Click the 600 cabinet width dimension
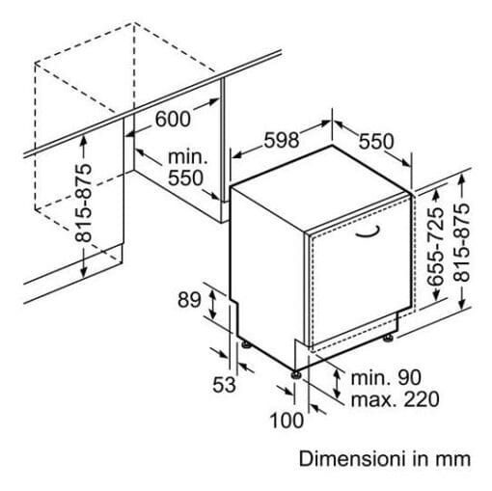(173, 119)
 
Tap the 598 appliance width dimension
(282, 140)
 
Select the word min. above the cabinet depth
(188, 157)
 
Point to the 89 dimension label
(189, 300)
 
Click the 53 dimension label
(224, 385)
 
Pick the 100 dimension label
(287, 421)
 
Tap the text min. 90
(386, 377)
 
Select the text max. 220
(395, 399)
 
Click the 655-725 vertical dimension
(435, 247)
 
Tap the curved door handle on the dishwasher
(368, 232)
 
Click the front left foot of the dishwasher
(296, 374)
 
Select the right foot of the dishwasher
(389, 338)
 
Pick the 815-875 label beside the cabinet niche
(83, 203)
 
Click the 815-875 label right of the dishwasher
(462, 243)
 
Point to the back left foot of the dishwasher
(247, 344)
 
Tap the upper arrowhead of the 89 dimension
(212, 291)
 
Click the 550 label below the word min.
(185, 177)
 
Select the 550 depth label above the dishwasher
(376, 142)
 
